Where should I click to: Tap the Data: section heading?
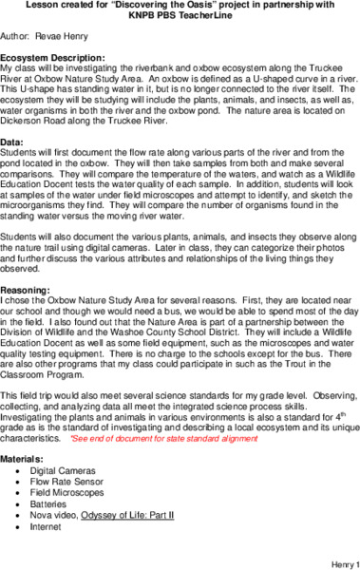tap(14, 141)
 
